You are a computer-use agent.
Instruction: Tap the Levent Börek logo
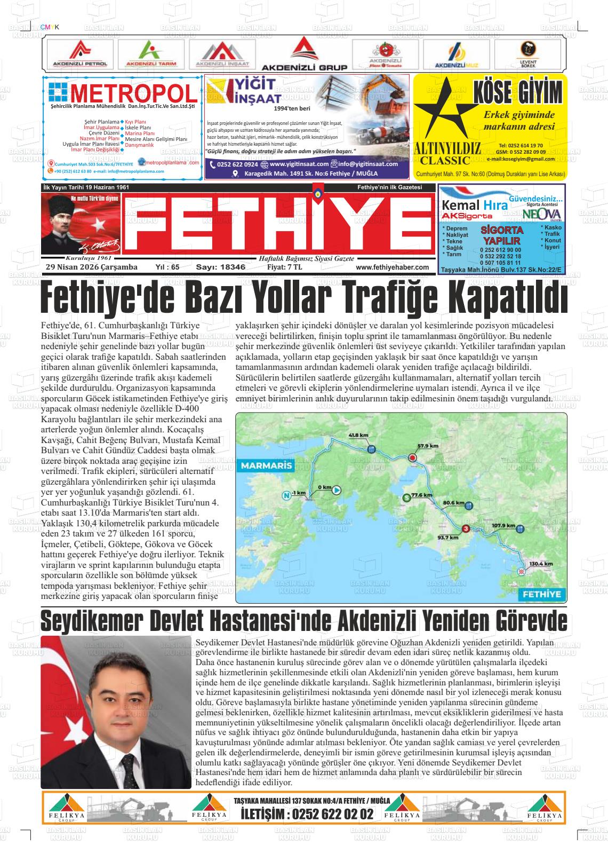pos(527,54)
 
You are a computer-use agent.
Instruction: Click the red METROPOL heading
pos(133,95)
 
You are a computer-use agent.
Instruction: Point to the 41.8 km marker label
pos(358,435)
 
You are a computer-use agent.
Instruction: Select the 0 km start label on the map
pos(324,487)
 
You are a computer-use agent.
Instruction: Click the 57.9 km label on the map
pos(428,446)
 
